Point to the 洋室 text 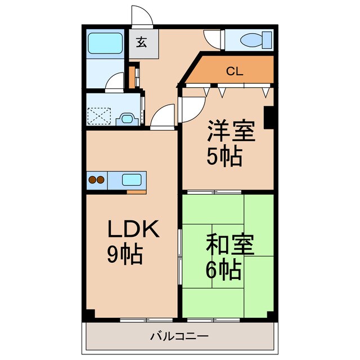click(230, 131)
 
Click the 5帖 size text click(224, 156)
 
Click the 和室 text click(230, 246)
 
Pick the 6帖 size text click(223, 271)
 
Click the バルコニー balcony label click(179, 336)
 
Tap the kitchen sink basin click(131, 180)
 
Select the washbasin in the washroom click(127, 119)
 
